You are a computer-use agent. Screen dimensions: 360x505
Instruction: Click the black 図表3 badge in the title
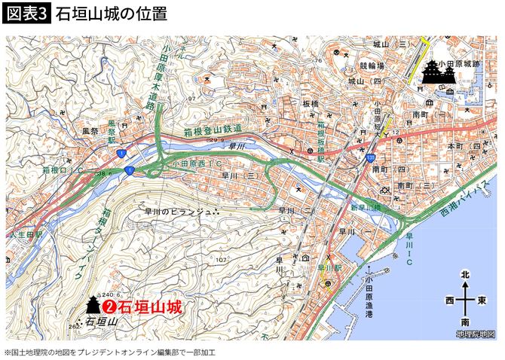(27, 14)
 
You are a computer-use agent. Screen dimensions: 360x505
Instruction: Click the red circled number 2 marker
(109, 307)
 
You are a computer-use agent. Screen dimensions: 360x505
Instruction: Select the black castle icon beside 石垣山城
(92, 305)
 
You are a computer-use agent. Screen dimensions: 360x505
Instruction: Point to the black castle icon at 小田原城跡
(433, 74)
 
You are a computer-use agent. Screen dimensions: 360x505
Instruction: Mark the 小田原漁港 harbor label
(368, 288)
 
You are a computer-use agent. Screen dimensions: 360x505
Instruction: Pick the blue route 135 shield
(372, 157)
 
